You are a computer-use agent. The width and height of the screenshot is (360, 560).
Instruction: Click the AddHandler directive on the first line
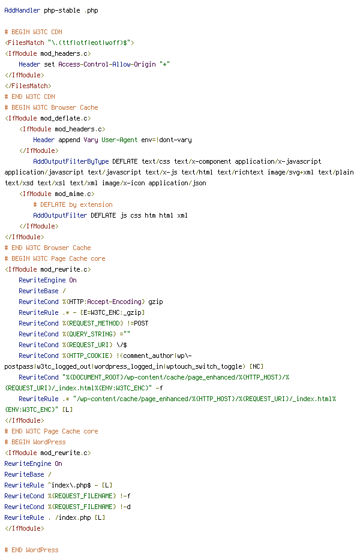tap(22, 10)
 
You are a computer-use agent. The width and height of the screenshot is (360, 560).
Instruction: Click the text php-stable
tap(62, 11)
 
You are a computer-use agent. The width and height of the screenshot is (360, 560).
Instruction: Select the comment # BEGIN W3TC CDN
tap(33, 32)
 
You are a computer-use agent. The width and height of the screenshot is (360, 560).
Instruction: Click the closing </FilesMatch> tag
tap(28, 86)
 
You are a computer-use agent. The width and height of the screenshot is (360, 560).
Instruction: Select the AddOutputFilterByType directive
tap(71, 161)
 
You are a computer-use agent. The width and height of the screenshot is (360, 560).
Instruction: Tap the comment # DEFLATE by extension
tap(73, 204)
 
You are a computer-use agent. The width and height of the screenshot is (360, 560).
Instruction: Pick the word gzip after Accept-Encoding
tap(155, 302)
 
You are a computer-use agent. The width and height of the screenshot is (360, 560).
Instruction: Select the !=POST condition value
tap(137, 323)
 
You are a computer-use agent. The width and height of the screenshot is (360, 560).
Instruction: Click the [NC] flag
tap(256, 366)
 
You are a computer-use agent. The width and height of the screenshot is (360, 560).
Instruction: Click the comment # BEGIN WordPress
tap(35, 442)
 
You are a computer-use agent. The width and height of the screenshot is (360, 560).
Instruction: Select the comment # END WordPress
tap(31, 550)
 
